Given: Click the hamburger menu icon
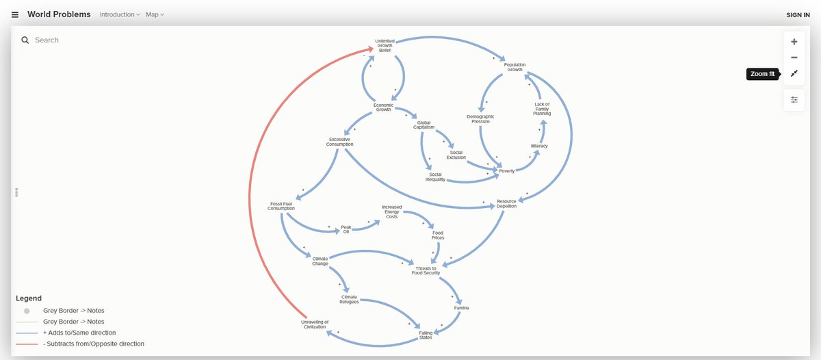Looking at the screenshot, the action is [x=15, y=14].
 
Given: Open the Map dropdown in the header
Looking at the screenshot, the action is [x=155, y=14].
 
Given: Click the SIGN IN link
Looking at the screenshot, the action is [x=798, y=14].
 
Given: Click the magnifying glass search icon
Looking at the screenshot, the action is [x=25, y=40].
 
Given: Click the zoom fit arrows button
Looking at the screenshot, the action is [x=794, y=74].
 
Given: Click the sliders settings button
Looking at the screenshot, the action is [x=794, y=99].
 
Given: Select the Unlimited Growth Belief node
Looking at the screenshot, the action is [x=384, y=46].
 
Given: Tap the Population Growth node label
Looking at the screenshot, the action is [x=514, y=67].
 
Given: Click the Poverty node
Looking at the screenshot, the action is [x=507, y=171].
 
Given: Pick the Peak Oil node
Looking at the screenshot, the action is [x=346, y=229].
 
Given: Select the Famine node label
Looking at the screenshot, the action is [x=461, y=308].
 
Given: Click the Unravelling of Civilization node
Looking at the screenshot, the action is [x=315, y=324].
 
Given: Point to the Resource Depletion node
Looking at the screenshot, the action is [x=506, y=203].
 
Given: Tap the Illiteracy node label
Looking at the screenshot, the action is [x=539, y=146].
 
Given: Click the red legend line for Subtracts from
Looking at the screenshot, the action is [x=27, y=344].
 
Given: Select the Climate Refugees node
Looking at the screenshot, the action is [x=349, y=299].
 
